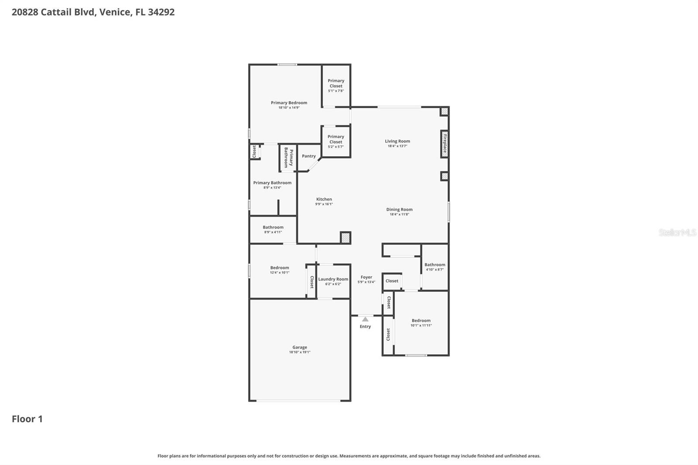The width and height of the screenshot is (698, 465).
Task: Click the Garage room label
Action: point(300,347)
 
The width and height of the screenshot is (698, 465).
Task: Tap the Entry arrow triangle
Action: point(365,319)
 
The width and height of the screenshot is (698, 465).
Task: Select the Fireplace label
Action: point(445,144)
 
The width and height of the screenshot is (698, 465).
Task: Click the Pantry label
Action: point(309,156)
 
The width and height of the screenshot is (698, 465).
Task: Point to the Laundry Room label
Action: point(333,279)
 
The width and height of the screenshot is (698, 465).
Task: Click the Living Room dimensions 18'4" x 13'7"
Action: point(397,146)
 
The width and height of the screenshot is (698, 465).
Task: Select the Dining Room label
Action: point(399,209)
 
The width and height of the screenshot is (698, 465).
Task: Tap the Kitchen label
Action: point(324,199)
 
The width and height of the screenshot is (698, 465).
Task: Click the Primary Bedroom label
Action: point(289,103)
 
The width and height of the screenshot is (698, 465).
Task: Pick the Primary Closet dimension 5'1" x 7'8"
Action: point(336,91)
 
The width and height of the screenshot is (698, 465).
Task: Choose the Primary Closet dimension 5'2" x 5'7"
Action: point(336,147)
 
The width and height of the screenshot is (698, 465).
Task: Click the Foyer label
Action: point(366,277)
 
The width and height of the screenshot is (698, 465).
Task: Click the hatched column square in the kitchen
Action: point(345,238)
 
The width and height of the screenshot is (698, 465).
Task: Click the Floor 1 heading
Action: point(27,419)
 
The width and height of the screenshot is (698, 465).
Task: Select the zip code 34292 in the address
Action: point(161,12)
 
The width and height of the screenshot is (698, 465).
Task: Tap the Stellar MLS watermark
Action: point(677,232)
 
